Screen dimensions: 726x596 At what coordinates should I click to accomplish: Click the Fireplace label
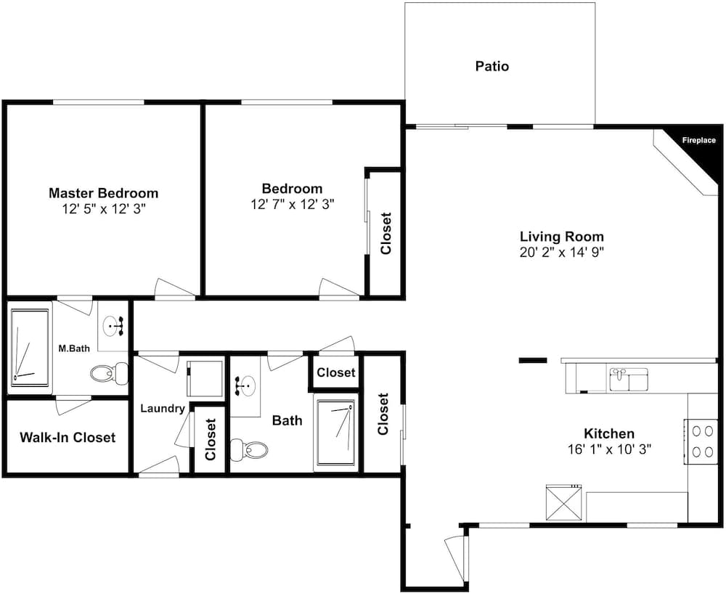pyautogui.click(x=698, y=140)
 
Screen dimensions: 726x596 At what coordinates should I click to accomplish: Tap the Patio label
pyautogui.click(x=492, y=66)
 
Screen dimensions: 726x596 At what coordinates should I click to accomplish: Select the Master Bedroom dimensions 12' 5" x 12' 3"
pyautogui.click(x=104, y=209)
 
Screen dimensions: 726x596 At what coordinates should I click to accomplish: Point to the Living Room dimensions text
pyautogui.click(x=562, y=253)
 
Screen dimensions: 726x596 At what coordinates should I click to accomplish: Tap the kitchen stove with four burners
pyautogui.click(x=702, y=441)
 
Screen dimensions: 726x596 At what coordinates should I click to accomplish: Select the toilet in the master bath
pyautogui.click(x=110, y=373)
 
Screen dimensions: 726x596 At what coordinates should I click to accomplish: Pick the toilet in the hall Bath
pyautogui.click(x=249, y=449)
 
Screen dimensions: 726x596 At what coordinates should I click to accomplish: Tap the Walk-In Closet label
pyautogui.click(x=68, y=438)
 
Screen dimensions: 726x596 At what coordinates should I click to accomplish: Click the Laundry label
pyautogui.click(x=163, y=409)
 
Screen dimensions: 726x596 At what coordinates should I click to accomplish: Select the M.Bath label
pyautogui.click(x=74, y=348)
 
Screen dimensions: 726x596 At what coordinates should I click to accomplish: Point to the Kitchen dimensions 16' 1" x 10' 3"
pyautogui.click(x=609, y=449)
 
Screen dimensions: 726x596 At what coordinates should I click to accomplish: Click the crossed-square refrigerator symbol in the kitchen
pyautogui.click(x=563, y=502)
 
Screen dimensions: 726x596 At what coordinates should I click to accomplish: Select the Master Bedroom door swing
pyautogui.click(x=175, y=289)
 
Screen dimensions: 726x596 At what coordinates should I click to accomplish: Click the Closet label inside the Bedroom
pyautogui.click(x=386, y=234)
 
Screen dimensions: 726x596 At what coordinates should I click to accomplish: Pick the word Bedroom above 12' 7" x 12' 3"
pyautogui.click(x=292, y=189)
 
